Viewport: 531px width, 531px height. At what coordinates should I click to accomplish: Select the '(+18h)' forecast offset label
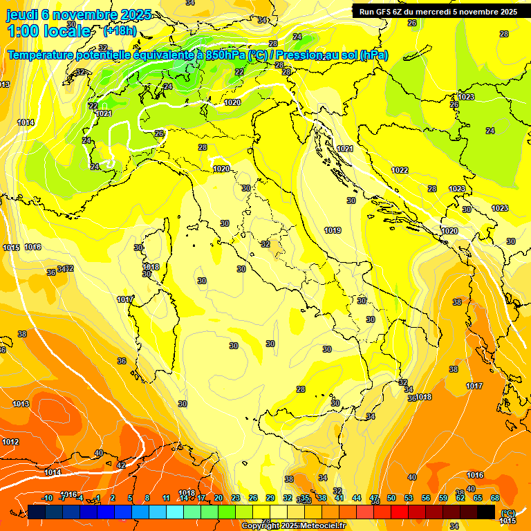pyautogui.click(x=120, y=30)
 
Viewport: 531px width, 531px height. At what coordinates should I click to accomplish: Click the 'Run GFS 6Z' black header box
pyautogui.click(x=438, y=11)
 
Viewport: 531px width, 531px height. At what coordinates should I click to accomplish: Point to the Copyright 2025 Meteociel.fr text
pyautogui.click(x=293, y=525)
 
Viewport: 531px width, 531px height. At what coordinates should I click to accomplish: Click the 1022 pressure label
pyautogui.click(x=400, y=170)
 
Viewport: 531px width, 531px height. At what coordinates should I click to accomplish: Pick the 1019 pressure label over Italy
pyautogui.click(x=333, y=230)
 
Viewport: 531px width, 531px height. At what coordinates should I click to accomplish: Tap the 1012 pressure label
pyautogui.click(x=10, y=442)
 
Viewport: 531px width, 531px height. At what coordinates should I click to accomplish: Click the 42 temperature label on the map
pyautogui.click(x=122, y=465)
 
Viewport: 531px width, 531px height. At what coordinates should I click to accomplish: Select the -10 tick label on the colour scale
pyautogui.click(x=47, y=498)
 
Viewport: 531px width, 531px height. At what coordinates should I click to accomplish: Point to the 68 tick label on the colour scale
pyautogui.click(x=495, y=498)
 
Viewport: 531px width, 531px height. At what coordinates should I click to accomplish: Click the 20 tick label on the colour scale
pyautogui.click(x=218, y=498)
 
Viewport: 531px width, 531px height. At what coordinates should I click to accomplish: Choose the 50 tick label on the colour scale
pyautogui.click(x=391, y=498)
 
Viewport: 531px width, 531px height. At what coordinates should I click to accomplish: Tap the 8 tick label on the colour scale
pyautogui.click(x=147, y=498)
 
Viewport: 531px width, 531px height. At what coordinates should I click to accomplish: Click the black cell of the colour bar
pyautogui.click(x=486, y=512)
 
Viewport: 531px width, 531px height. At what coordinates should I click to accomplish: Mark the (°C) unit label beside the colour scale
pyautogui.click(x=507, y=512)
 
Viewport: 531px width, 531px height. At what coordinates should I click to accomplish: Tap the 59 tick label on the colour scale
pyautogui.click(x=443, y=498)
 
